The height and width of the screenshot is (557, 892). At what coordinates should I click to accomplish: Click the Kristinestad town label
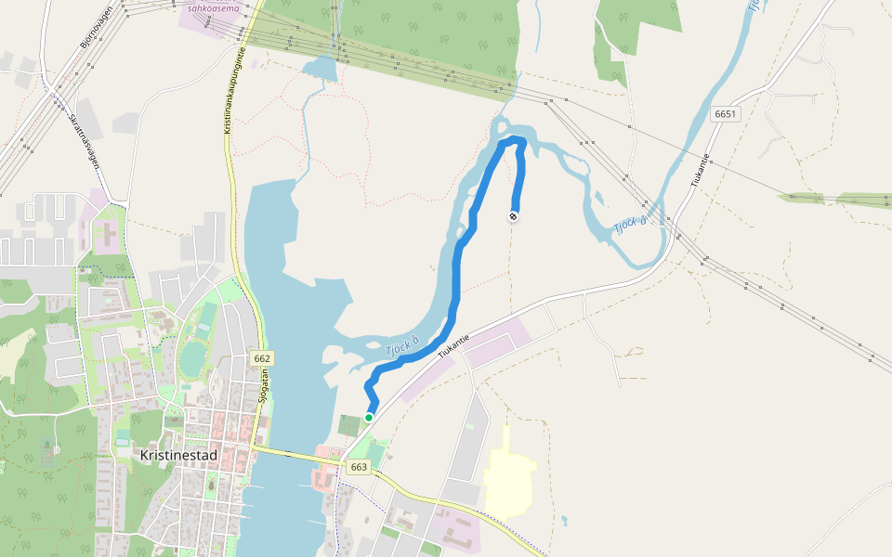[x=177, y=456]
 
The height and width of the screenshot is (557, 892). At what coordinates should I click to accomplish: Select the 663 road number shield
[x=359, y=467]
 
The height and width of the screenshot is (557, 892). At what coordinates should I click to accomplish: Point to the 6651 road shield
[x=726, y=113]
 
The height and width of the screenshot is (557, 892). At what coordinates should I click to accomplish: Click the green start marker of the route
[x=369, y=418]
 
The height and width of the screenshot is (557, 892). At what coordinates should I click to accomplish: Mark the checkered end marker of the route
[x=513, y=216]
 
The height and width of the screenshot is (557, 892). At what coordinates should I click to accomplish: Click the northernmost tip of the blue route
[x=514, y=139]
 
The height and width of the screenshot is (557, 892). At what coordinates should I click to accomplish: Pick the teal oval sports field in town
[x=192, y=359]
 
